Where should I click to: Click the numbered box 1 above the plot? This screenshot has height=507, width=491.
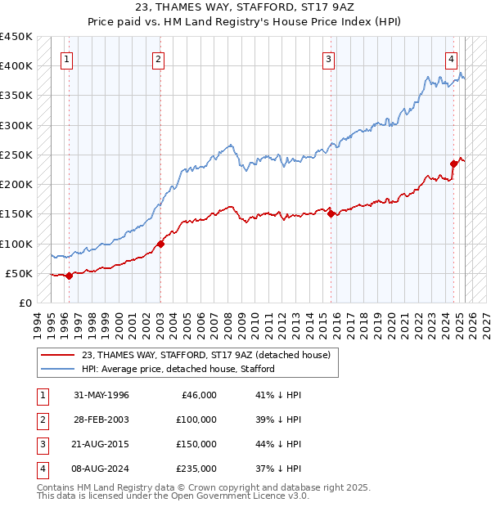click(65, 58)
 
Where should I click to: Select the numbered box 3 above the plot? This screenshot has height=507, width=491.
click(328, 58)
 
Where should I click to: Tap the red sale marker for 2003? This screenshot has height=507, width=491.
click(161, 243)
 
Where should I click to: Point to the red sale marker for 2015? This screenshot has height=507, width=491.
click(331, 213)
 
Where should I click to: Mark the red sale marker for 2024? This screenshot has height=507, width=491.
click(453, 164)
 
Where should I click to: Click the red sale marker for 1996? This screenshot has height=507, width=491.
click(69, 276)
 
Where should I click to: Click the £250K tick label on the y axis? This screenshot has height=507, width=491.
click(16, 155)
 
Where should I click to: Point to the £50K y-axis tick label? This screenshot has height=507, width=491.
click(19, 273)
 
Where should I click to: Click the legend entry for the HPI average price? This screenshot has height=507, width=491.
click(178, 369)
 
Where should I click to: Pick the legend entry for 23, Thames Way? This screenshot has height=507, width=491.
click(205, 355)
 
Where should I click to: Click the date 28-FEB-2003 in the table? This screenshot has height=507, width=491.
click(101, 419)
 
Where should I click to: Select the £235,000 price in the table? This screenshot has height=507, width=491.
click(197, 469)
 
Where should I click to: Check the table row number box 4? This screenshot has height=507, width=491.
click(41, 469)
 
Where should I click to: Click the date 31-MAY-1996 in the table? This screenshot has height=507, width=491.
click(101, 395)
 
